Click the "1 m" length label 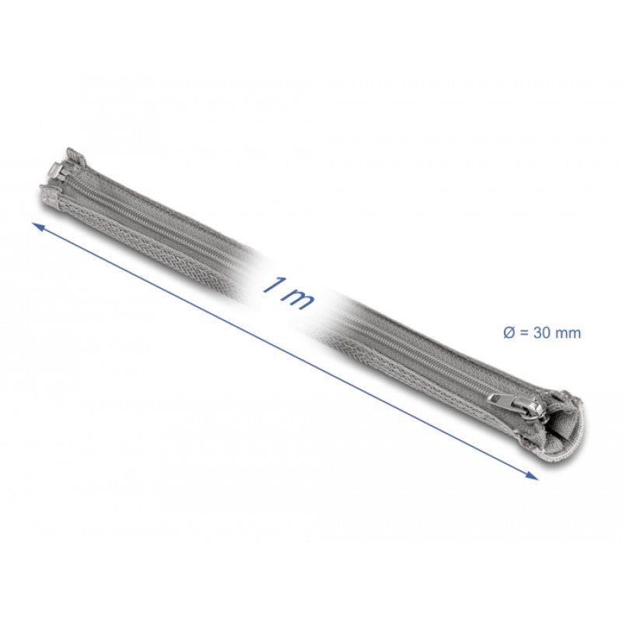tap(283, 293)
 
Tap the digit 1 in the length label tap(267, 287)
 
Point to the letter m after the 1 tap(295, 299)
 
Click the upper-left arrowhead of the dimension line tap(37, 225)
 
